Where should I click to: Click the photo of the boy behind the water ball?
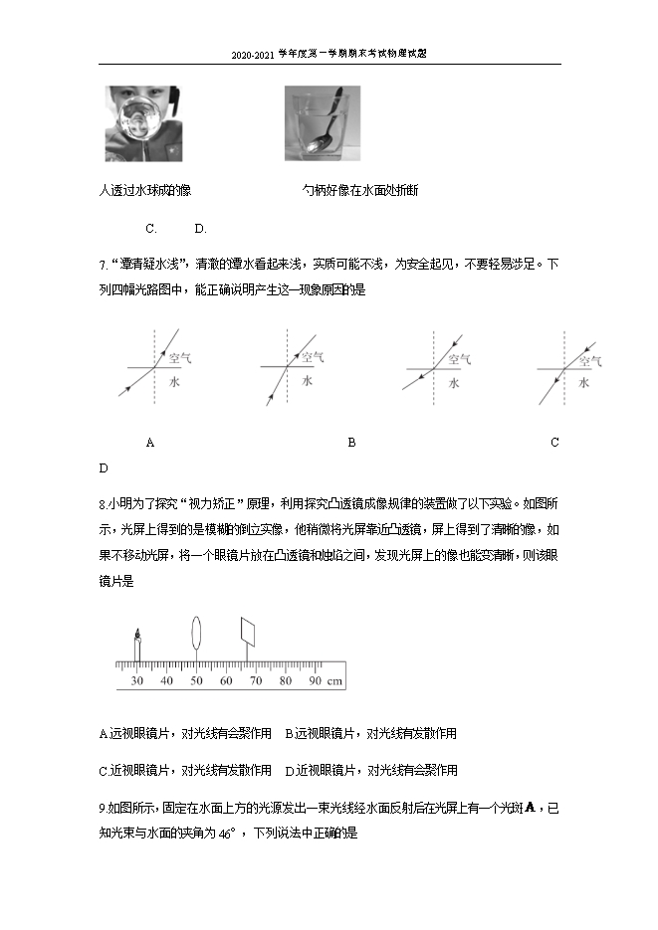[x=139, y=123]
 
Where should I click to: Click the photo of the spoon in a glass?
[x=323, y=123]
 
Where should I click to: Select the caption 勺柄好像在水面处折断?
[x=360, y=190]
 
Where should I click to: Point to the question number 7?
[x=103, y=266]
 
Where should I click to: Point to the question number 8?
[x=103, y=502]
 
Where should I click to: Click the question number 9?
[x=103, y=808]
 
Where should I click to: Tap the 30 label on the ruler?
[x=137, y=681]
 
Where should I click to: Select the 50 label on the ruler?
[x=197, y=681]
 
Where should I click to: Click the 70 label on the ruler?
[x=256, y=681]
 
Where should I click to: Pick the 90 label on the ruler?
[x=315, y=681]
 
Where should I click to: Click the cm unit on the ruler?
[x=335, y=681]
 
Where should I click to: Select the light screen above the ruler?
[x=250, y=630]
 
